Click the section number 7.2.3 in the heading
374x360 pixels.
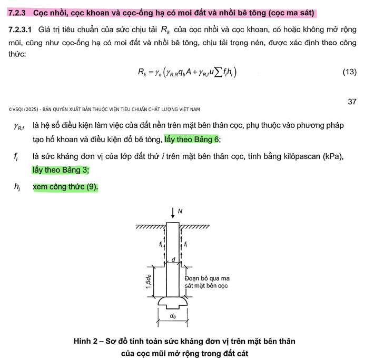tap(18, 12)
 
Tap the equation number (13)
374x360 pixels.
tap(349, 72)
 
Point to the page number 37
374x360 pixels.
tap(352, 102)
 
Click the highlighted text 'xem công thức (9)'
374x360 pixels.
tap(65, 187)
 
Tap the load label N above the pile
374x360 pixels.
tap(181, 211)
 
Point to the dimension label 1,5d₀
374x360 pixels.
tap(149, 282)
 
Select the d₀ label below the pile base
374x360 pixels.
tap(173, 316)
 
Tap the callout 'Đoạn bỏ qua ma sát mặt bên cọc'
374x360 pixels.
tap(206, 282)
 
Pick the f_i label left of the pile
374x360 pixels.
tap(161, 244)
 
